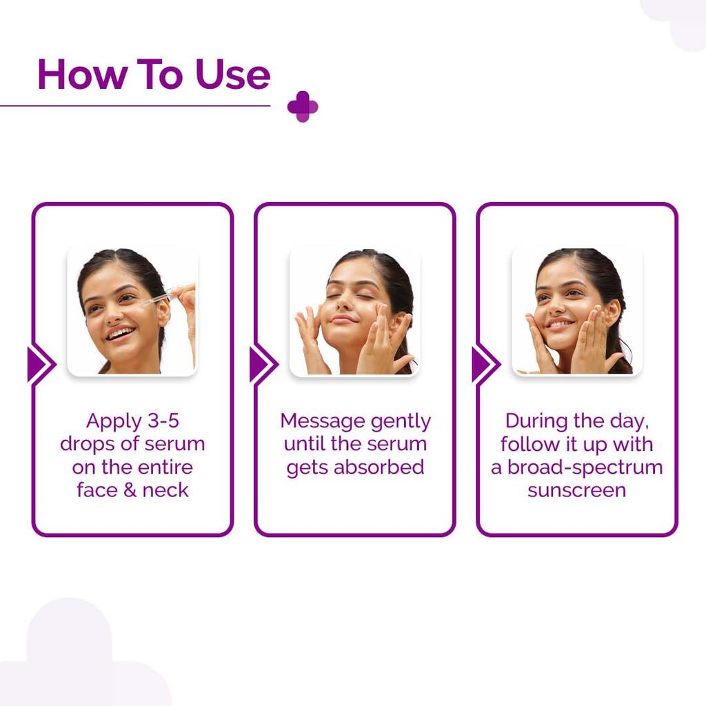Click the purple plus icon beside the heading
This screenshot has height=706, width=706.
pos(303,106)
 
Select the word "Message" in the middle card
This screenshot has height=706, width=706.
pos(321,421)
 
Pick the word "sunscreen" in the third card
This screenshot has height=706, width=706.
pos(576,490)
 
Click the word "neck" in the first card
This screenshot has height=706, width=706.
pos(165,490)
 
